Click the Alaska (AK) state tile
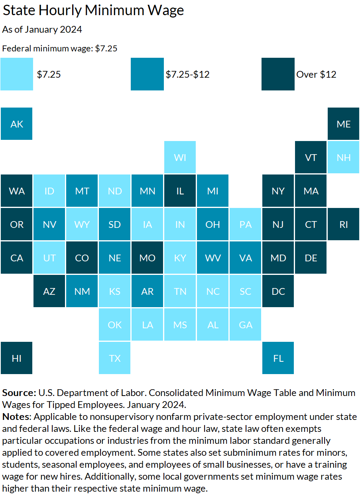pyautogui.click(x=17, y=124)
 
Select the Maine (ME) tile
pyautogui.click(x=343, y=124)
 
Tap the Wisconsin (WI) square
pyautogui.click(x=180, y=157)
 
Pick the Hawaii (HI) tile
pyautogui.click(x=17, y=358)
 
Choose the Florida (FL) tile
pyautogui.click(x=278, y=358)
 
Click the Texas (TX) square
pyautogui.click(x=115, y=358)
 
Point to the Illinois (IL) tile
pyautogui.click(x=180, y=191)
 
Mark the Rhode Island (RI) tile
pyautogui.click(x=343, y=224)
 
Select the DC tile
pyautogui.click(x=278, y=291)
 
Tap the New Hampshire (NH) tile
pyautogui.click(x=343, y=157)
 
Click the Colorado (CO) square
pyautogui.click(x=82, y=258)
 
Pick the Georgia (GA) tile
pyautogui.click(x=246, y=325)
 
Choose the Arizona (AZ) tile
pyautogui.click(x=49, y=291)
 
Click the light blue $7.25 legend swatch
pyautogui.click(x=17, y=74)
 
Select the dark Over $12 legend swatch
pyautogui.click(x=278, y=74)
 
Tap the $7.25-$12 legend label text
pyautogui.click(x=188, y=74)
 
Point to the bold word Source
pyautogui.click(x=19, y=393)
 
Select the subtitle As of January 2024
pyautogui.click(x=42, y=29)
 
